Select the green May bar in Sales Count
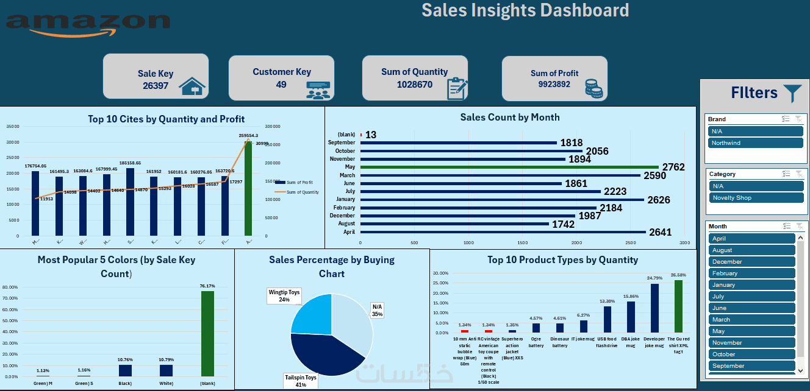(x=509, y=167)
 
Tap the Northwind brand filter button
(x=756, y=143)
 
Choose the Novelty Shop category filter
(x=756, y=198)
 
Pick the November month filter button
(x=752, y=343)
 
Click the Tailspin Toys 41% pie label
(x=301, y=381)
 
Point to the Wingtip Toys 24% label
(x=285, y=296)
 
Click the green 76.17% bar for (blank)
(x=207, y=334)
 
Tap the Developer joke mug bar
(x=654, y=308)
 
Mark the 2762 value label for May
(x=674, y=167)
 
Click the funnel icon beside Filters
(x=793, y=93)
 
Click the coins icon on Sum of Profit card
(x=593, y=88)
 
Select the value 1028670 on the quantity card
(x=414, y=85)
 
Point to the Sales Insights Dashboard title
(x=525, y=10)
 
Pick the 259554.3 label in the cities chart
(x=248, y=136)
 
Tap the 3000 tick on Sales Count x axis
(x=684, y=243)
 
